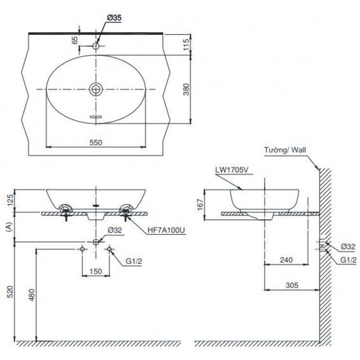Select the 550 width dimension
click(95, 142)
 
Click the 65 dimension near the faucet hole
click(75, 40)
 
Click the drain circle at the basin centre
click(96, 89)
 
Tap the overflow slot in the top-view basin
click(96, 117)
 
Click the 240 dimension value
click(286, 261)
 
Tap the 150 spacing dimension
click(95, 270)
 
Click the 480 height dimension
click(32, 295)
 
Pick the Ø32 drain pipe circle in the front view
click(96, 242)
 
